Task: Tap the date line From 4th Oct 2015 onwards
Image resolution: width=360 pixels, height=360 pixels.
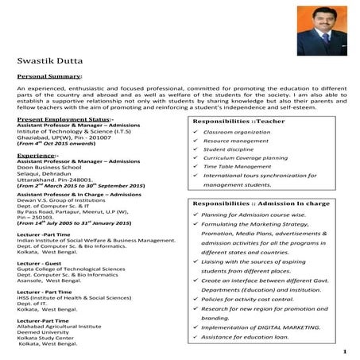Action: coord(60,141)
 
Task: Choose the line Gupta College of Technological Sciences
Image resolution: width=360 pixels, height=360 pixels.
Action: coord(72,270)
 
